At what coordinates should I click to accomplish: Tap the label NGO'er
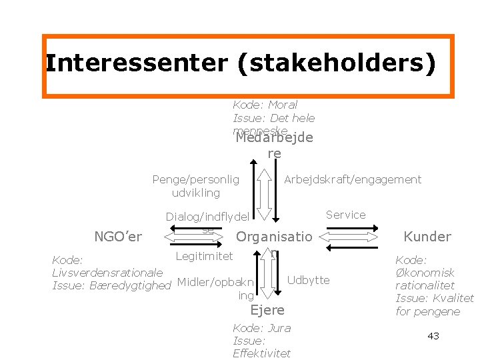click(119, 236)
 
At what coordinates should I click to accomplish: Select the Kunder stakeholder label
click(427, 236)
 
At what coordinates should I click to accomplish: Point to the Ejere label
click(267, 309)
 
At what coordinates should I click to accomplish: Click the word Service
click(345, 215)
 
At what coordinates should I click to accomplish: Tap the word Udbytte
click(308, 280)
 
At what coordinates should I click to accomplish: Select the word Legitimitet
click(204, 256)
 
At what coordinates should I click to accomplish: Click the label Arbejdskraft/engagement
click(353, 179)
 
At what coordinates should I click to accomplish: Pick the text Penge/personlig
click(195, 179)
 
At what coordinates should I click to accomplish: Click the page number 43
click(433, 336)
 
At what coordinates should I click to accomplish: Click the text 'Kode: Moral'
click(265, 105)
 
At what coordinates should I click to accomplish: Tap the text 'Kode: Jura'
click(261, 328)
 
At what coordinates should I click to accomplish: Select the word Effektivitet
click(261, 353)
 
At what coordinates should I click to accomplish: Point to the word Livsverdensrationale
click(107, 273)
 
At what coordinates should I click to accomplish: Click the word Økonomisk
click(425, 273)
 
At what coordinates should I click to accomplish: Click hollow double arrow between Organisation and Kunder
click(352, 237)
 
